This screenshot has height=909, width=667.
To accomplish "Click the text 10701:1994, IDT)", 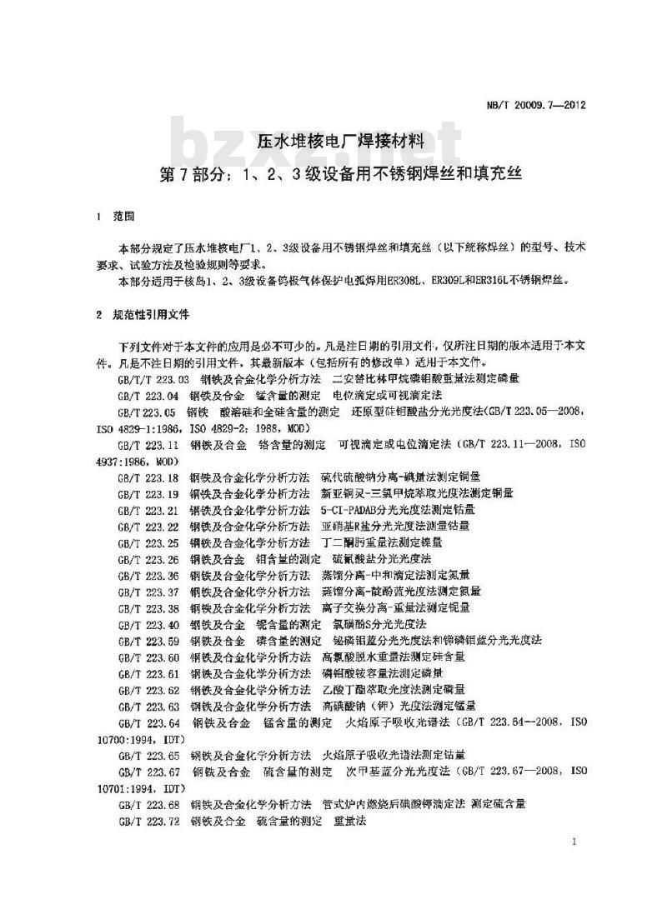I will click(x=138, y=787).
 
